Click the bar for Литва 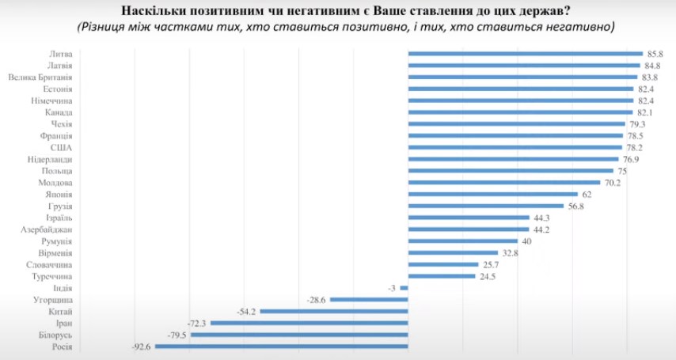pyautogui.click(x=524, y=54)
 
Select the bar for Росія pyautogui.click(x=280, y=347)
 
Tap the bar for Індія pyautogui.click(x=404, y=288)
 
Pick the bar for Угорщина pyautogui.click(x=370, y=300)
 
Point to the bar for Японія pyautogui.click(x=492, y=194)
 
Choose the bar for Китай pyautogui.click(x=334, y=312)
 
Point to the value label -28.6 pyautogui.click(x=317, y=300)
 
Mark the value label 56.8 pyautogui.click(x=576, y=206)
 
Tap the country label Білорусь pyautogui.click(x=54, y=335)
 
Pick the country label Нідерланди pyautogui.click(x=51, y=159)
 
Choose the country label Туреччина pyautogui.click(x=51, y=276)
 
